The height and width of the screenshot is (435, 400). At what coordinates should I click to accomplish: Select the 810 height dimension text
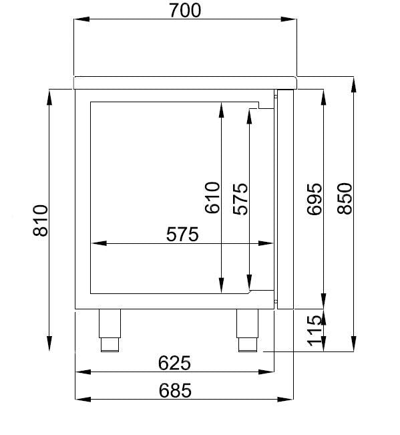pyautogui.click(x=41, y=220)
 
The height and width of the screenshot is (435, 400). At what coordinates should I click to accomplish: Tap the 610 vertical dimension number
pyautogui.click(x=212, y=198)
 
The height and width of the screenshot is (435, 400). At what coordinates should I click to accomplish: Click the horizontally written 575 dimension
pyautogui.click(x=182, y=235)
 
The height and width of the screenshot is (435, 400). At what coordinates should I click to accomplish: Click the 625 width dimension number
pyautogui.click(x=174, y=362)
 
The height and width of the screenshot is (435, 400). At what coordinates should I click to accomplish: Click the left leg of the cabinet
pyautogui.click(x=110, y=329)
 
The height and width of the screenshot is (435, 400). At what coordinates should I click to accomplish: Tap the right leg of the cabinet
pyautogui.click(x=246, y=329)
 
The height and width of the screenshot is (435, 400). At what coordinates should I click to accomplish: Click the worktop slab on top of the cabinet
pyautogui.click(x=185, y=82)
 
